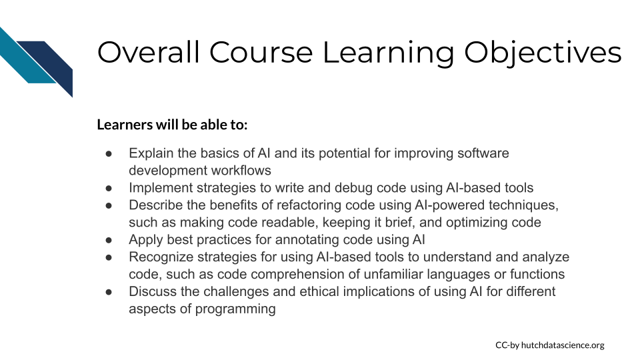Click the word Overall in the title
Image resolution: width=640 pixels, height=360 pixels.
click(149, 52)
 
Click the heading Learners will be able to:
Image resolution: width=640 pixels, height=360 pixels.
click(172, 125)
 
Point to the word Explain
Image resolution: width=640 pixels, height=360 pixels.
click(151, 153)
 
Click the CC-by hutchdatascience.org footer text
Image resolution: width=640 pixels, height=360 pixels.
click(550, 345)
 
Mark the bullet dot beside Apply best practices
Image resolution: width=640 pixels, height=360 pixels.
click(109, 240)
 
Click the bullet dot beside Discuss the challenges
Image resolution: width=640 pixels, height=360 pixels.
click(109, 292)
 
